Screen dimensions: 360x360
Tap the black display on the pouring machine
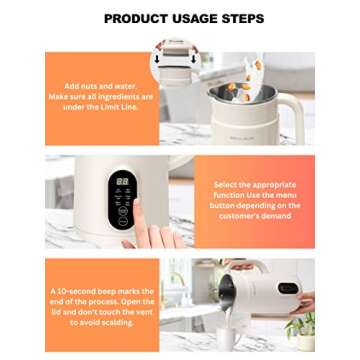(x=287, y=288)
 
